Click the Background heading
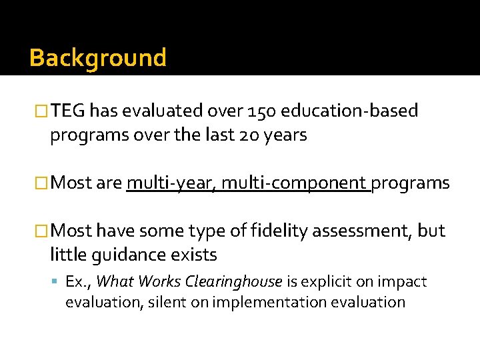tap(97, 58)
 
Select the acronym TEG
tap(69, 111)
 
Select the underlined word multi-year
tap(170, 183)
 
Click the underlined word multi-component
tap(295, 183)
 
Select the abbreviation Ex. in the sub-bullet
tap(79, 282)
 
